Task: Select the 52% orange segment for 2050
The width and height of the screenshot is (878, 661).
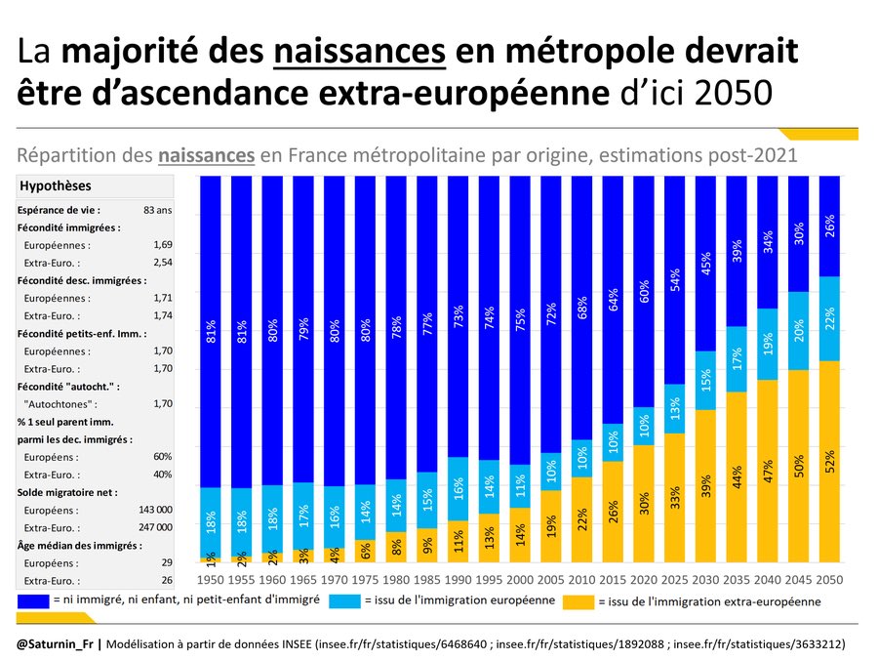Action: click(829, 461)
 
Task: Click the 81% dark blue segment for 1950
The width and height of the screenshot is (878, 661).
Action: click(211, 331)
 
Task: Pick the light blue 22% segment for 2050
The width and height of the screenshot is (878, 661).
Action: click(829, 319)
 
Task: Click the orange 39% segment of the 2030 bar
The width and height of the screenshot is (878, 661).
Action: click(705, 485)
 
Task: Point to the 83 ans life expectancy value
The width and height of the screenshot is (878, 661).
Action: click(157, 210)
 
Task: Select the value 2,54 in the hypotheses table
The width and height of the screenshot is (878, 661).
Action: click(162, 263)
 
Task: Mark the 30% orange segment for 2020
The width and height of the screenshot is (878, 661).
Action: click(644, 503)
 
